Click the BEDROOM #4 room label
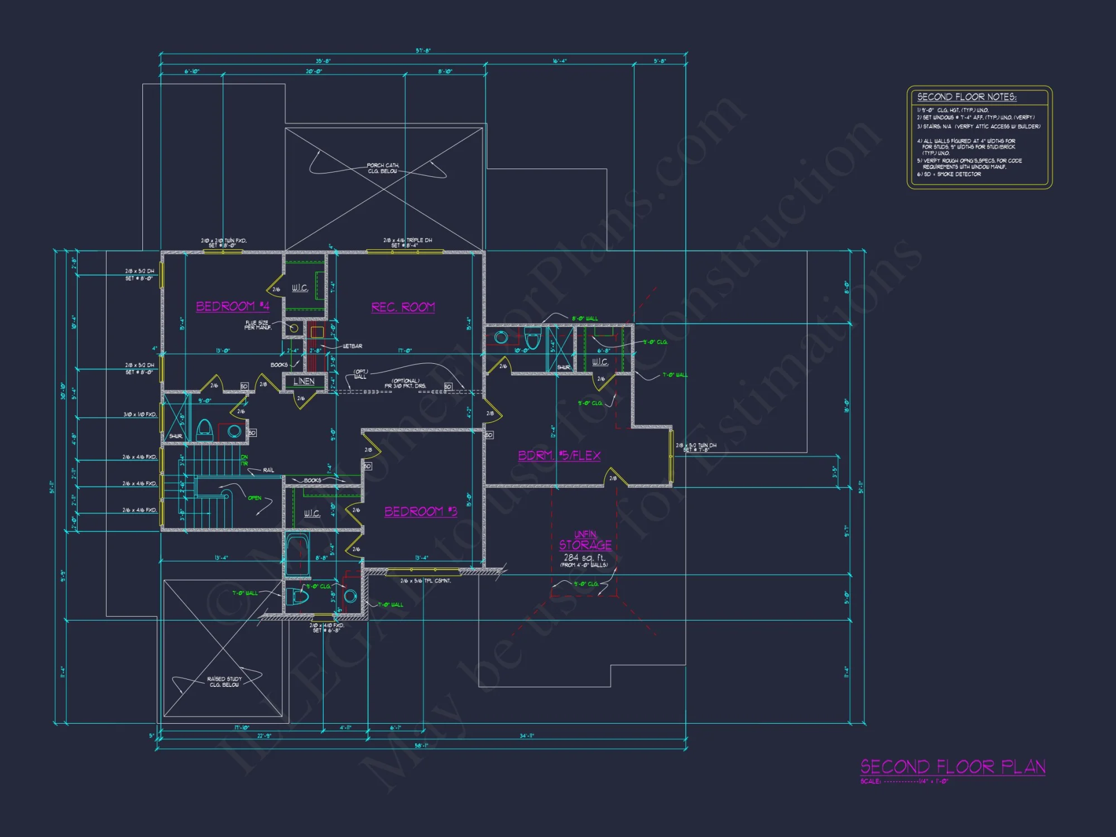tap(233, 306)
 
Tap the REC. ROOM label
tap(403, 307)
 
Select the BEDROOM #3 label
tap(421, 512)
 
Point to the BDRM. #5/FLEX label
tap(559, 455)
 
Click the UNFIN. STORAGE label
tap(585, 541)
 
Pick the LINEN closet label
tap(304, 381)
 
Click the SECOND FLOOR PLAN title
tap(953, 767)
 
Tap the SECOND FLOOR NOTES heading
tap(966, 97)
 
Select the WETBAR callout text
tap(352, 347)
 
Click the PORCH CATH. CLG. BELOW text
tap(383, 169)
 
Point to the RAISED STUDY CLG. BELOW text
tap(224, 682)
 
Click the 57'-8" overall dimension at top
tap(423, 51)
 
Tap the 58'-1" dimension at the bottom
tap(421, 745)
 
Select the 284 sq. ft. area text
tap(584, 557)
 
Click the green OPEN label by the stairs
tap(254, 498)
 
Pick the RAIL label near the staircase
tap(268, 470)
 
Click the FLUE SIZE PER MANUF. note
tap(257, 325)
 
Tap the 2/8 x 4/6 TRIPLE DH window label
tap(407, 243)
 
